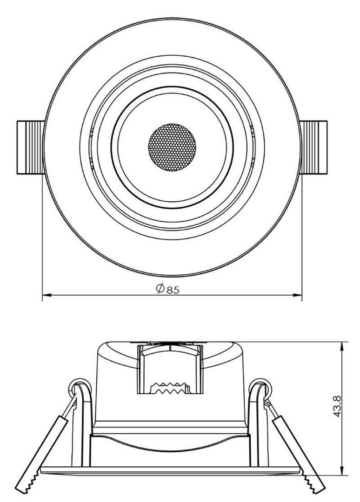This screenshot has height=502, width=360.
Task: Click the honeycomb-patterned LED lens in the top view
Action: [172, 147]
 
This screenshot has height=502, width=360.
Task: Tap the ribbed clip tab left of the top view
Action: [30, 148]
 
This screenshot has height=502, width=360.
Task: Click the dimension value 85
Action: [173, 290]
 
